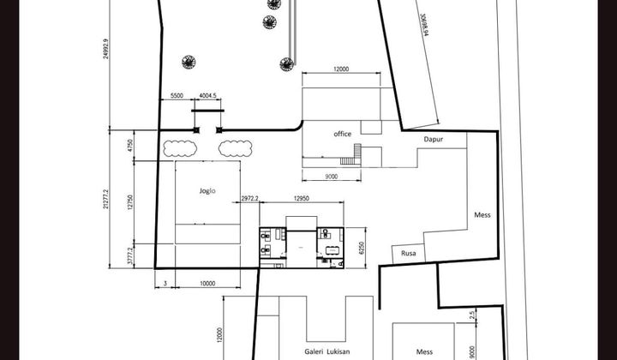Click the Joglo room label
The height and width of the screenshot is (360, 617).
point(207,191)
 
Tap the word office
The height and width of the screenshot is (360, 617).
point(343,134)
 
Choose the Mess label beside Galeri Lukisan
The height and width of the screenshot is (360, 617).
point(424,351)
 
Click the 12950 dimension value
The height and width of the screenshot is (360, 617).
point(301,200)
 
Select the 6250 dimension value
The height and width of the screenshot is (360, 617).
point(362,249)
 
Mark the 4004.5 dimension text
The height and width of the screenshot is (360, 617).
point(207,96)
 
